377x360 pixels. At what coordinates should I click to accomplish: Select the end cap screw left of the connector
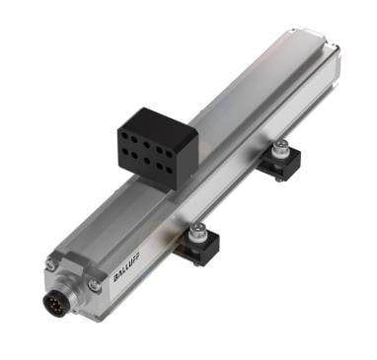tap(50, 262)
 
